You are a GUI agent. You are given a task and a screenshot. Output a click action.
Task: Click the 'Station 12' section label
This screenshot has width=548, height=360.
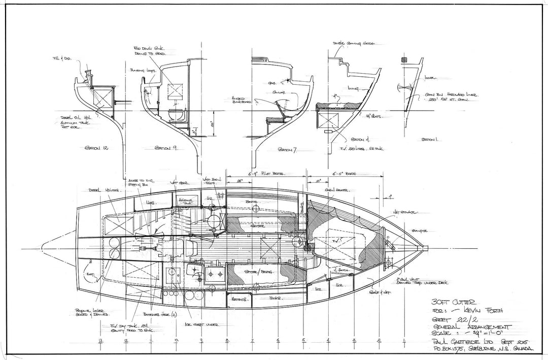click(97, 148)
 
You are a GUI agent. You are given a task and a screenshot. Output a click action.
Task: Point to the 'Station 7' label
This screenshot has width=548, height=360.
click(289, 150)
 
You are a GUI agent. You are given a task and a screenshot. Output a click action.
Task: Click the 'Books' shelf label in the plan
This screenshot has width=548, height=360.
click(276, 299)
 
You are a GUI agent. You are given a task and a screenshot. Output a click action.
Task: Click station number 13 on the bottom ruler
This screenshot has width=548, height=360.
click(101, 341)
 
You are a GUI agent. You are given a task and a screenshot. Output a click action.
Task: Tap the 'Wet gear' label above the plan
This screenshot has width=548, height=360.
click(183, 182)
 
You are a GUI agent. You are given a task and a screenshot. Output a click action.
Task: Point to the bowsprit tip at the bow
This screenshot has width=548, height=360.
click(425, 248)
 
